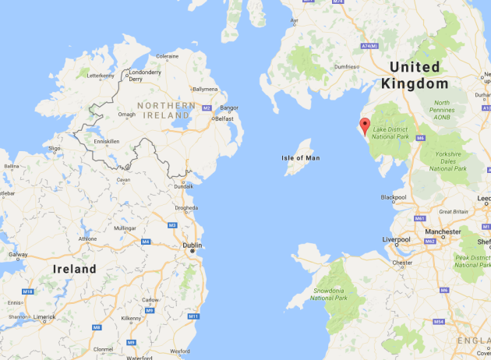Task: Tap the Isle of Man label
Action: coord(301,158)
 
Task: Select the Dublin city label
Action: coord(192,245)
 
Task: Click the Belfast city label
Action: coord(224,118)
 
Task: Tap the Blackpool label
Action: coord(394,197)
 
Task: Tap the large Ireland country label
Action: coord(74,269)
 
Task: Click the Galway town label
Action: coord(18,254)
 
